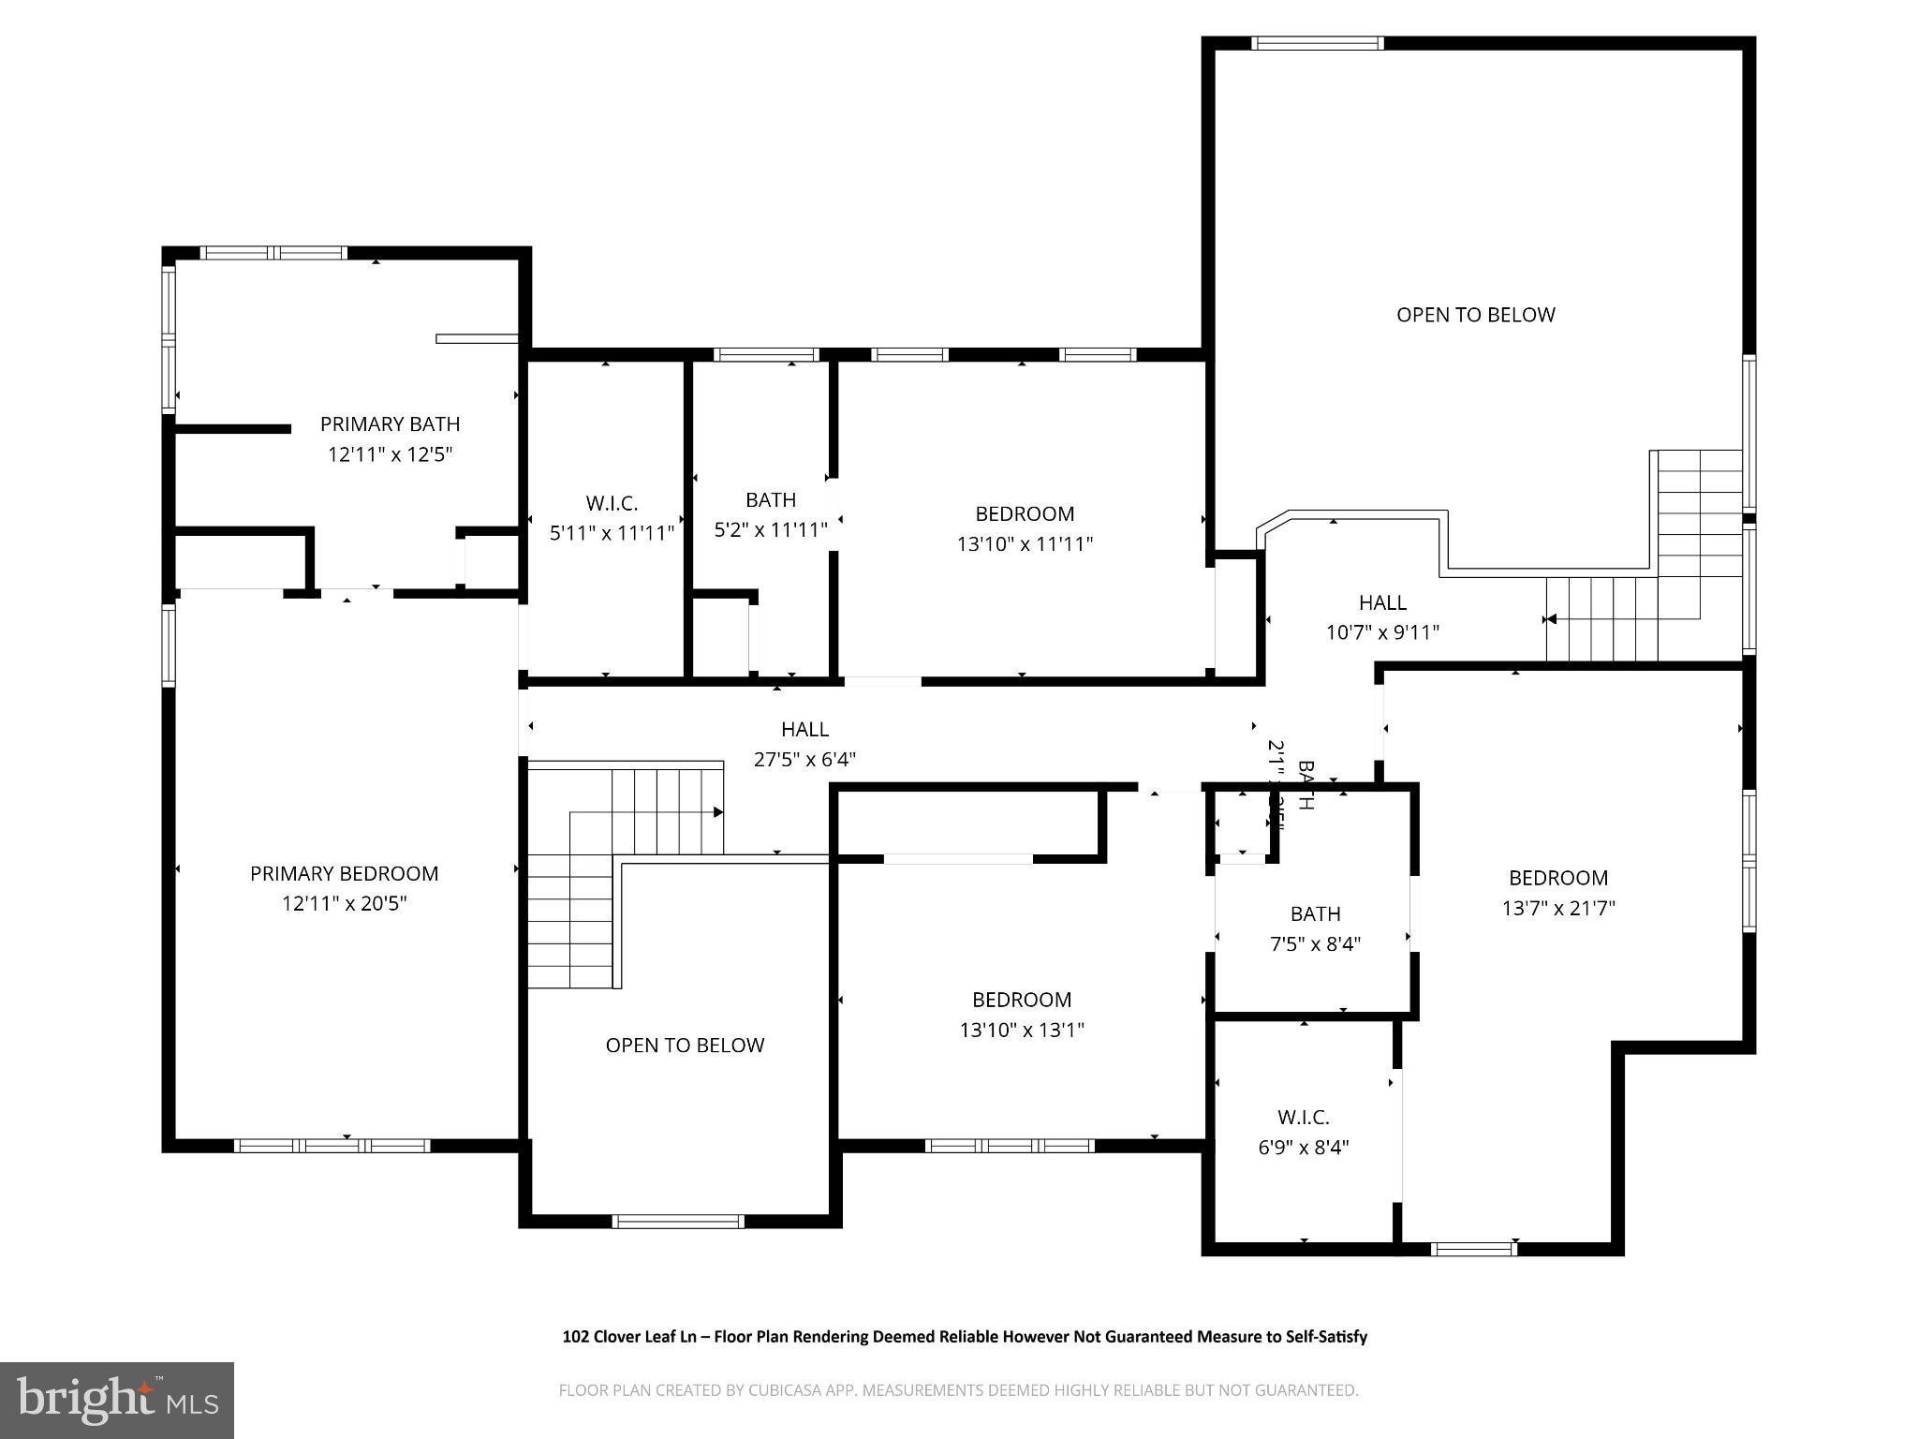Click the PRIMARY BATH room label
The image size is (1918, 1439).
(390, 424)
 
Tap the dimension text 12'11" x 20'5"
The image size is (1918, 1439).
(345, 904)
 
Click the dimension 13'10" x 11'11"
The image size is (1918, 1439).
(1025, 544)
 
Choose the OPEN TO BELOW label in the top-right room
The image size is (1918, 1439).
(1475, 316)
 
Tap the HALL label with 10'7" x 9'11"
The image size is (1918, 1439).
(1382, 602)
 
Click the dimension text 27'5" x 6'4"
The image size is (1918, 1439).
(804, 760)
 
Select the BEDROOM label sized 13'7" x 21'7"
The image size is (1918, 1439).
(1558, 879)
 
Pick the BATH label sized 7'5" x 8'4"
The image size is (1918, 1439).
(1315, 913)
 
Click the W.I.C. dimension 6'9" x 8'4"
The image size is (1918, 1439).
(1303, 1148)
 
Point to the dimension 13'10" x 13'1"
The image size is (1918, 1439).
(1022, 1031)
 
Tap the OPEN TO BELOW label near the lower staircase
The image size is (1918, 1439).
(685, 1046)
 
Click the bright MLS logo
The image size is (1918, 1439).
(117, 1400)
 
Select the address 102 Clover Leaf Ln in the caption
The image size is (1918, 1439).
(628, 1337)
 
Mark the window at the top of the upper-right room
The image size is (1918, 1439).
(1317, 43)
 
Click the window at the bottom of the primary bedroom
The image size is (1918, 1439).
(332, 1146)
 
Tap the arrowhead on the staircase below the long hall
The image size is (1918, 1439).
(718, 812)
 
